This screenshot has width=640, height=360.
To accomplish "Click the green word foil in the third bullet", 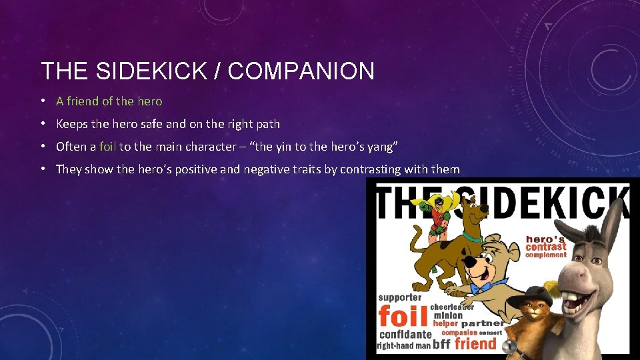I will point(107,146).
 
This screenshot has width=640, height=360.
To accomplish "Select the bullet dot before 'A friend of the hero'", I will point(42,101).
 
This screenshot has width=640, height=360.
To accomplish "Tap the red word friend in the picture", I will point(475,344).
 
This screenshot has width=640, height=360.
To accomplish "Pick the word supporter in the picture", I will point(400,297).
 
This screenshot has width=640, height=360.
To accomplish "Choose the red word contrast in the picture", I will point(545,247).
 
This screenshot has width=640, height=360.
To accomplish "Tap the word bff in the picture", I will point(441,345).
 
